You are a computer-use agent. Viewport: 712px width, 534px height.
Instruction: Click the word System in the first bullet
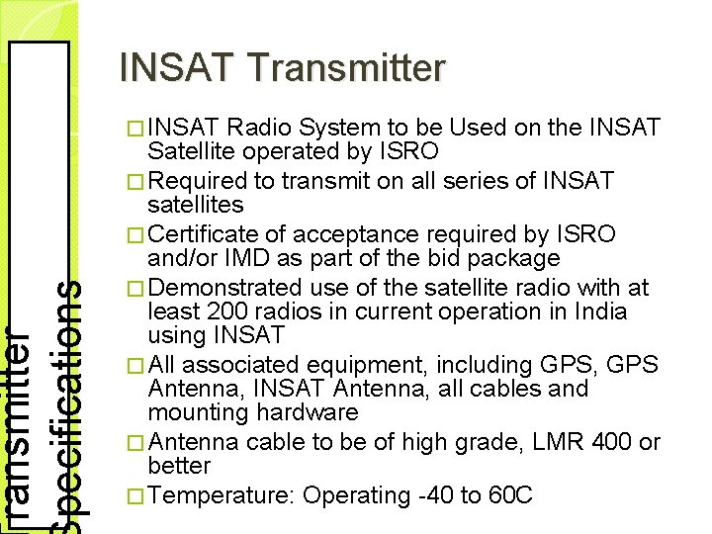coord(335,128)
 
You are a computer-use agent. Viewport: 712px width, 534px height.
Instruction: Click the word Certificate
coord(205,234)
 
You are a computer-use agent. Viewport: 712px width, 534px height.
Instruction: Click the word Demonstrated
coord(224,287)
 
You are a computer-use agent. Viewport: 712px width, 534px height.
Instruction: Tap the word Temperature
coord(222,494)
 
